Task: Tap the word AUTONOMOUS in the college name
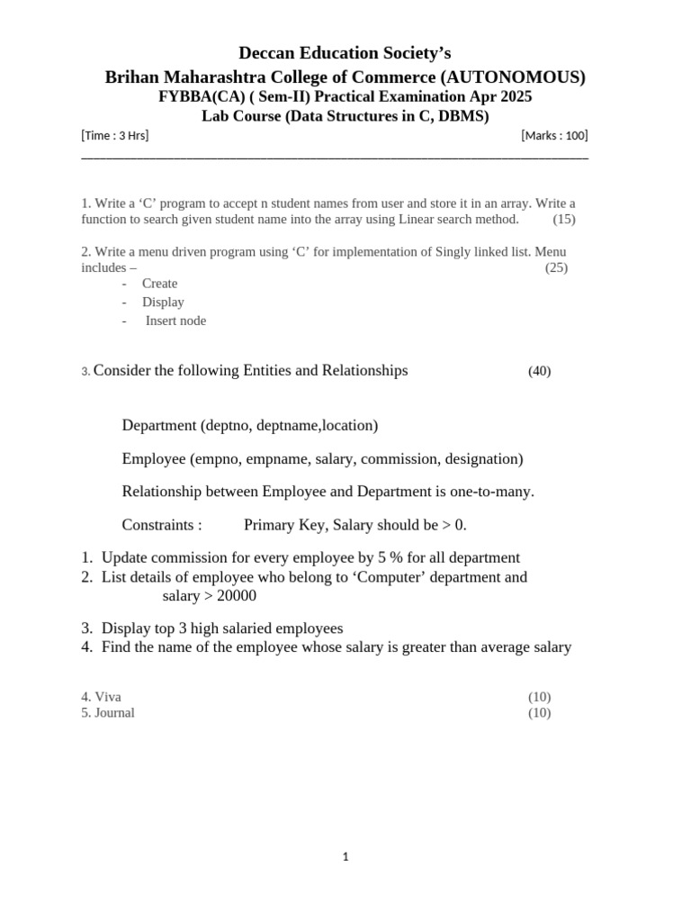point(510,77)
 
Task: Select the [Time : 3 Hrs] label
point(115,136)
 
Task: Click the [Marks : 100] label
point(554,136)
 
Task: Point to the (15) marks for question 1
point(564,219)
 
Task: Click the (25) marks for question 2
point(556,267)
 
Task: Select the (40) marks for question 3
point(539,371)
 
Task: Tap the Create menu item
point(160,284)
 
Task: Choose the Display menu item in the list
point(163,303)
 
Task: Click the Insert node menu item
point(175,321)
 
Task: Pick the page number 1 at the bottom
point(345,857)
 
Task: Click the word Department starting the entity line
point(159,425)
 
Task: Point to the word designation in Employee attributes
point(480,459)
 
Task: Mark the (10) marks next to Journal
point(539,713)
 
